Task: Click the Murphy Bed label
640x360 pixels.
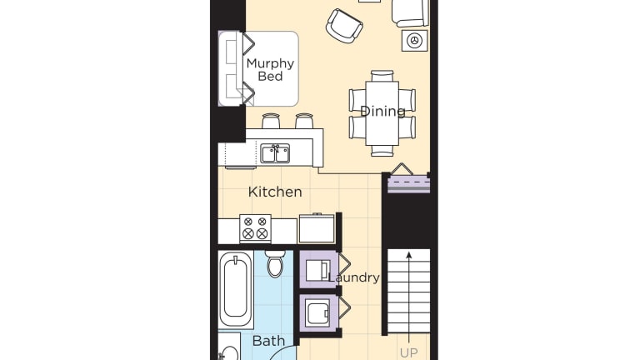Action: [x=270, y=70]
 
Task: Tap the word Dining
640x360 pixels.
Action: [x=382, y=111]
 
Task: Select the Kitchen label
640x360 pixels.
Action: [x=275, y=192]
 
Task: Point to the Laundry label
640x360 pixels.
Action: [x=354, y=277]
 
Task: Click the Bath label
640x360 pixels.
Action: [x=268, y=341]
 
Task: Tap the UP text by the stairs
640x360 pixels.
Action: [x=408, y=352]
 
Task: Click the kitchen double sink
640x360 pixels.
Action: [x=275, y=153]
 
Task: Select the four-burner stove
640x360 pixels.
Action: [x=256, y=228]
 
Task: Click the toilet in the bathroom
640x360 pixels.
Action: [x=275, y=263]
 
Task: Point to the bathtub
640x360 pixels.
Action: [x=236, y=288]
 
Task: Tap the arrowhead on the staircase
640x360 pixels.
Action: [x=408, y=256]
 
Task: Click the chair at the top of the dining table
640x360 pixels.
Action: [x=382, y=76]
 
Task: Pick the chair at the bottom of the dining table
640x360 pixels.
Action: [x=382, y=151]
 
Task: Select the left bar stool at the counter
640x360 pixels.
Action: [x=271, y=121]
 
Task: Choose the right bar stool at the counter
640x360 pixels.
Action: [x=304, y=121]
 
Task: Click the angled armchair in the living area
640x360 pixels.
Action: [x=344, y=26]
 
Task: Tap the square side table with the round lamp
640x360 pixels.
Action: [x=415, y=40]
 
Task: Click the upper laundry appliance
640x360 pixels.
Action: [x=319, y=269]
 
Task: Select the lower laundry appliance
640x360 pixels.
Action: [x=319, y=313]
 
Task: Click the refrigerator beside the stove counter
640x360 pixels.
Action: [x=317, y=228]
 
